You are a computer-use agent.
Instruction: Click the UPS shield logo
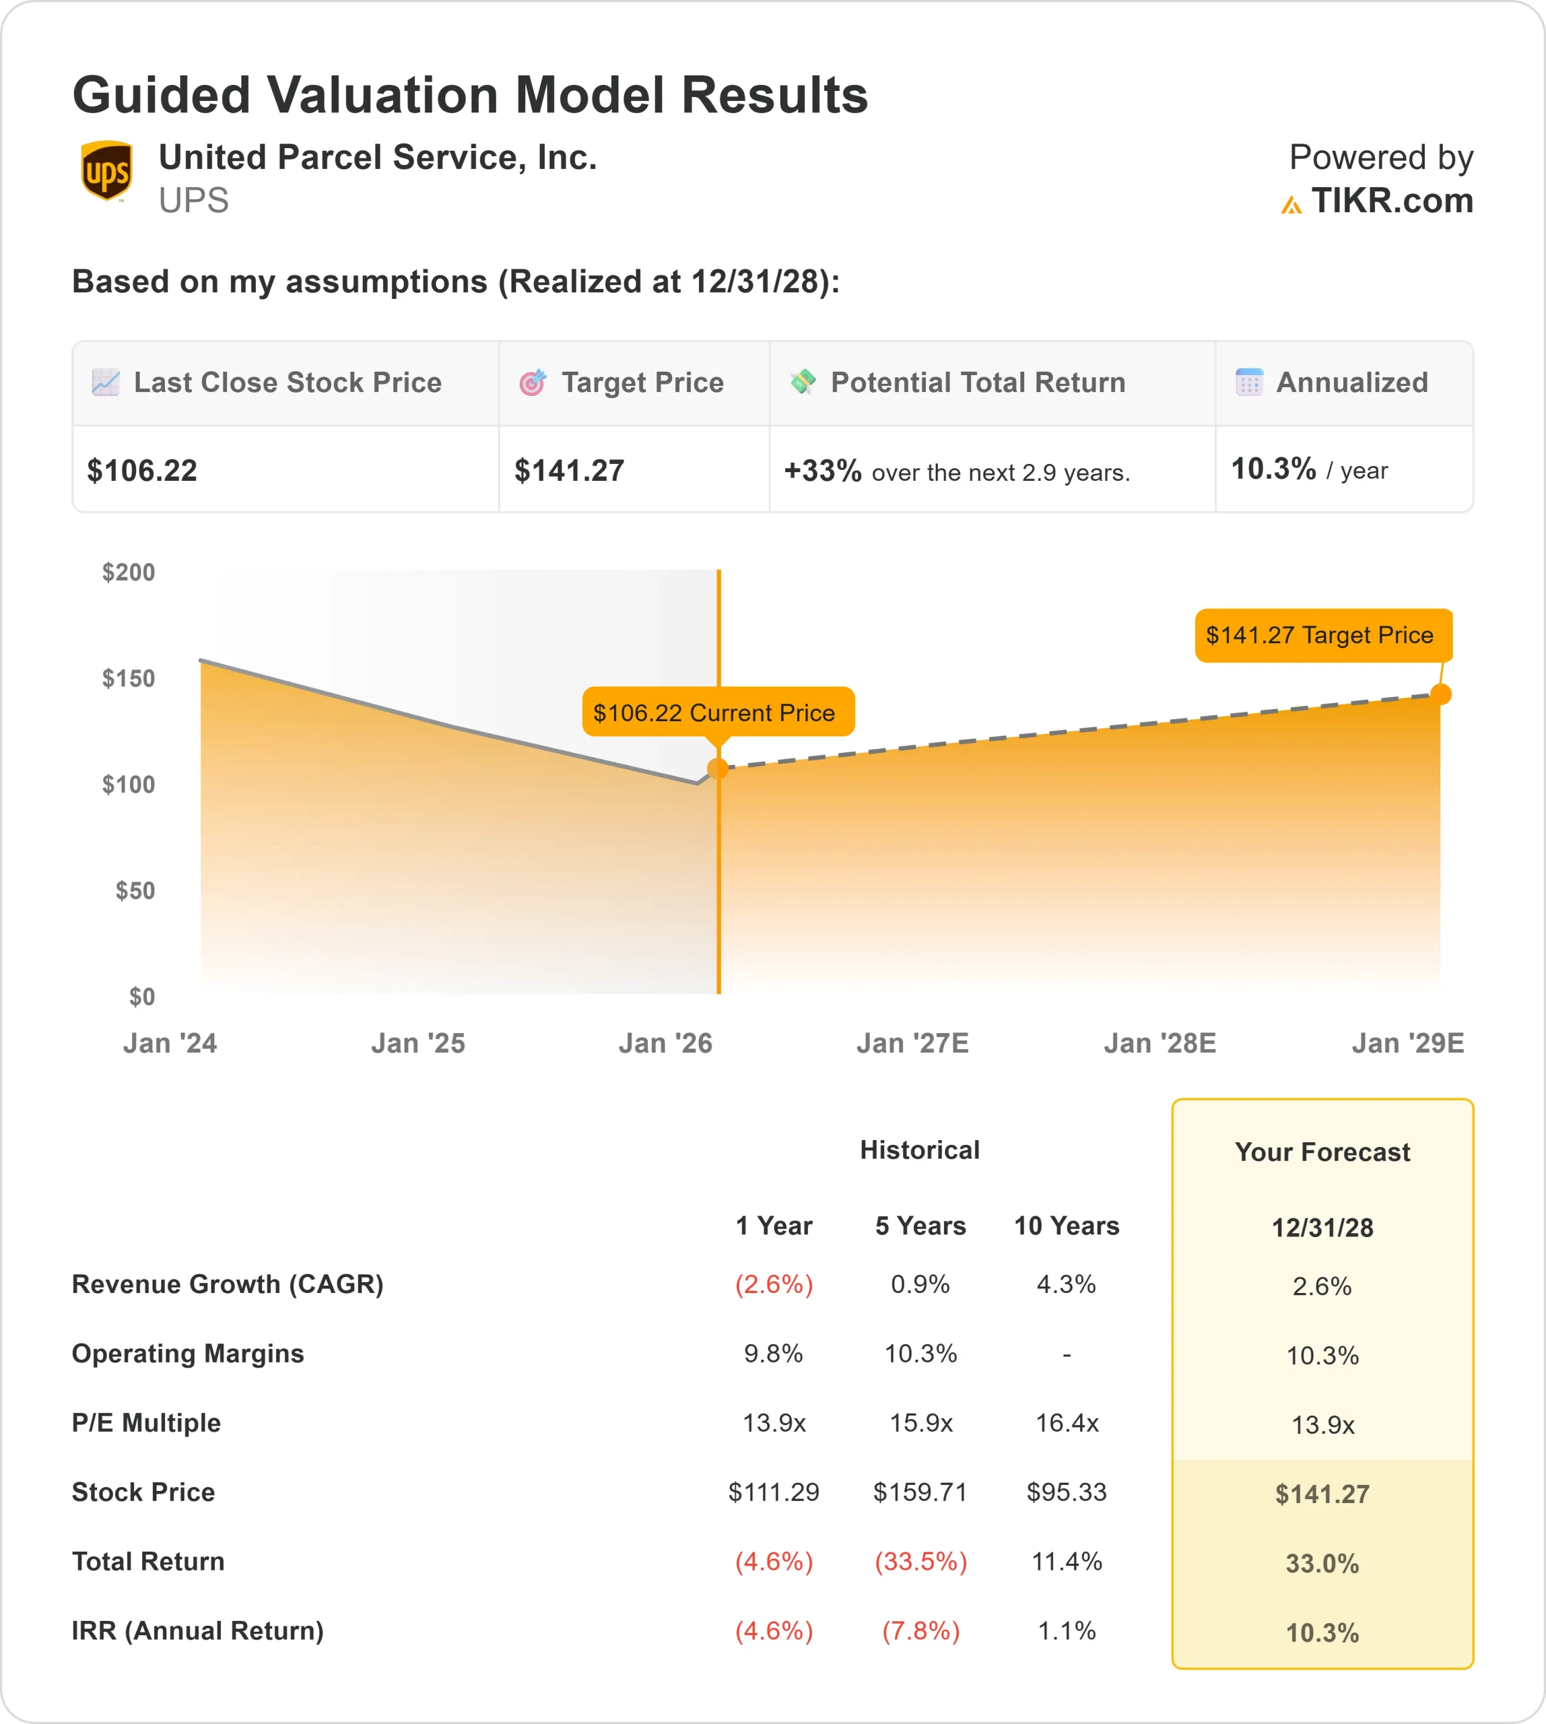pos(106,171)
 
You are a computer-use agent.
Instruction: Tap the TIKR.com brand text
pos(1391,201)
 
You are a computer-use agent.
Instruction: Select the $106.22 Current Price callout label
pos(718,712)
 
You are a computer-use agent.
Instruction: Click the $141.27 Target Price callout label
pos(1322,634)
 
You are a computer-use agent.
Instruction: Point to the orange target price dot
pos(1441,694)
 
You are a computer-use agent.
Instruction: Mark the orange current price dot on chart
pos(718,769)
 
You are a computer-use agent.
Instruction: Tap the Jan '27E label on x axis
pos(912,1042)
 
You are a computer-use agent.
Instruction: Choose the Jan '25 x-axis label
pos(418,1042)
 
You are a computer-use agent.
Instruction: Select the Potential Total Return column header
pos(977,383)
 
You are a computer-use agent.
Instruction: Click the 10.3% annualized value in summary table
pos(1273,469)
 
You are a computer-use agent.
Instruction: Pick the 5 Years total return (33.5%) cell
pos(921,1561)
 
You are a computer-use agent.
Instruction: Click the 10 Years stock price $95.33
pos(1066,1492)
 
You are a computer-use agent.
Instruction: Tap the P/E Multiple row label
pos(146,1422)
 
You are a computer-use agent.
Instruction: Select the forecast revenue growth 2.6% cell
pos(1322,1286)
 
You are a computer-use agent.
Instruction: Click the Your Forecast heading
pos(1322,1152)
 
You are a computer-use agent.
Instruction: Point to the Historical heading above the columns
pos(920,1150)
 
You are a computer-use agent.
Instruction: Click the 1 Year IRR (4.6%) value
pos(774,1630)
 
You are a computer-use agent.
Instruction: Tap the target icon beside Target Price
pos(533,383)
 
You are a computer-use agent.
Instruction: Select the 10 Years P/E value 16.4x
pos(1067,1422)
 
